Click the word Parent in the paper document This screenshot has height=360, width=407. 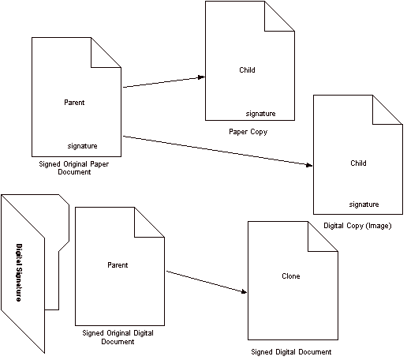[74, 103]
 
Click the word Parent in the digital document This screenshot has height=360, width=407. [118, 265]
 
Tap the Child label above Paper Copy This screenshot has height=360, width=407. [247, 70]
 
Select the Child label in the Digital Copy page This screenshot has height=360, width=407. [358, 163]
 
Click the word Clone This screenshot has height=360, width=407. [291, 276]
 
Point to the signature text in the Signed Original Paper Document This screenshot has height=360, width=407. [83, 146]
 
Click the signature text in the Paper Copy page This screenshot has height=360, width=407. [261, 114]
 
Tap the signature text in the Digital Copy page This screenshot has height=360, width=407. [364, 204]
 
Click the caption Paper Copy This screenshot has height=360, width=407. [248, 132]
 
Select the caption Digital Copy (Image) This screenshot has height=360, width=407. [357, 226]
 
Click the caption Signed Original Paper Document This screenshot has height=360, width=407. [74, 168]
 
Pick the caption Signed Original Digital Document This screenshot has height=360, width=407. [118, 337]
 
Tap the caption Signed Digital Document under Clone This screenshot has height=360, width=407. [291, 352]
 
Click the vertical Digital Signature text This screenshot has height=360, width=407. [19, 272]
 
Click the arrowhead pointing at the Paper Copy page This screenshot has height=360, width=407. [202, 77]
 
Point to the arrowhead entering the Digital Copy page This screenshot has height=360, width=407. [309, 165]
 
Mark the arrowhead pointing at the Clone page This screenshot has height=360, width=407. [244, 291]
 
